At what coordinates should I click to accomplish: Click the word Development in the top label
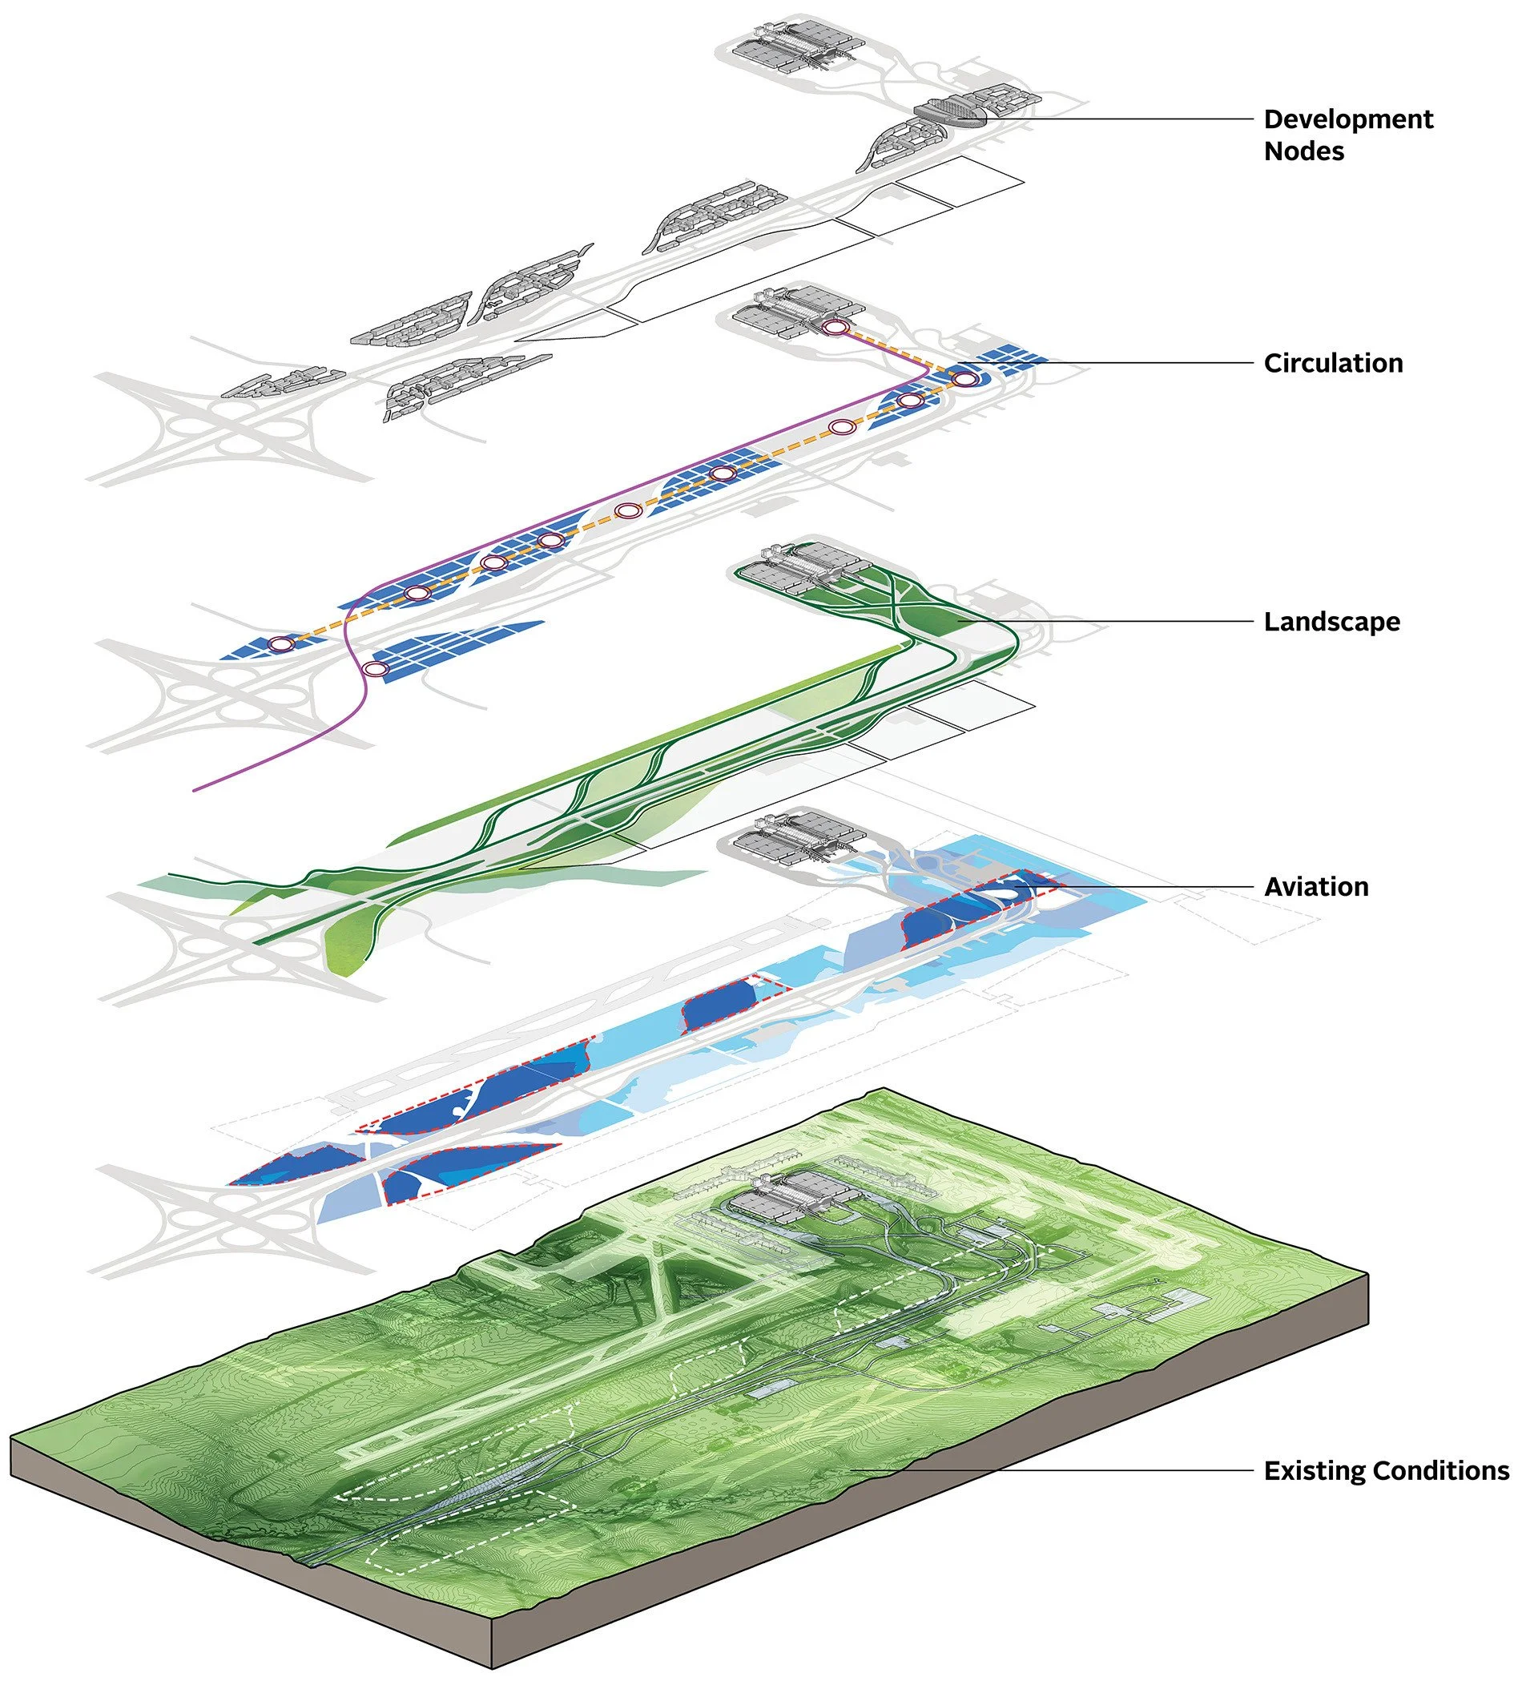tap(1348, 119)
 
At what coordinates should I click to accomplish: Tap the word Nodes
tap(1303, 151)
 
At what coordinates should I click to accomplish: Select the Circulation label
tap(1333, 364)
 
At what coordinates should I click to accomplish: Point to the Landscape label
tap(1331, 622)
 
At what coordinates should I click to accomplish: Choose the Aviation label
tap(1316, 887)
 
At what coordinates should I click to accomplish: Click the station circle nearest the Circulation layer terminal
tap(835, 328)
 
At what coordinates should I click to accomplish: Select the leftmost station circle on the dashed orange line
tap(281, 643)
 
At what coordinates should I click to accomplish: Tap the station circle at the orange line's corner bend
tap(964, 380)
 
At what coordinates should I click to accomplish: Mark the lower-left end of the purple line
tap(194, 788)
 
